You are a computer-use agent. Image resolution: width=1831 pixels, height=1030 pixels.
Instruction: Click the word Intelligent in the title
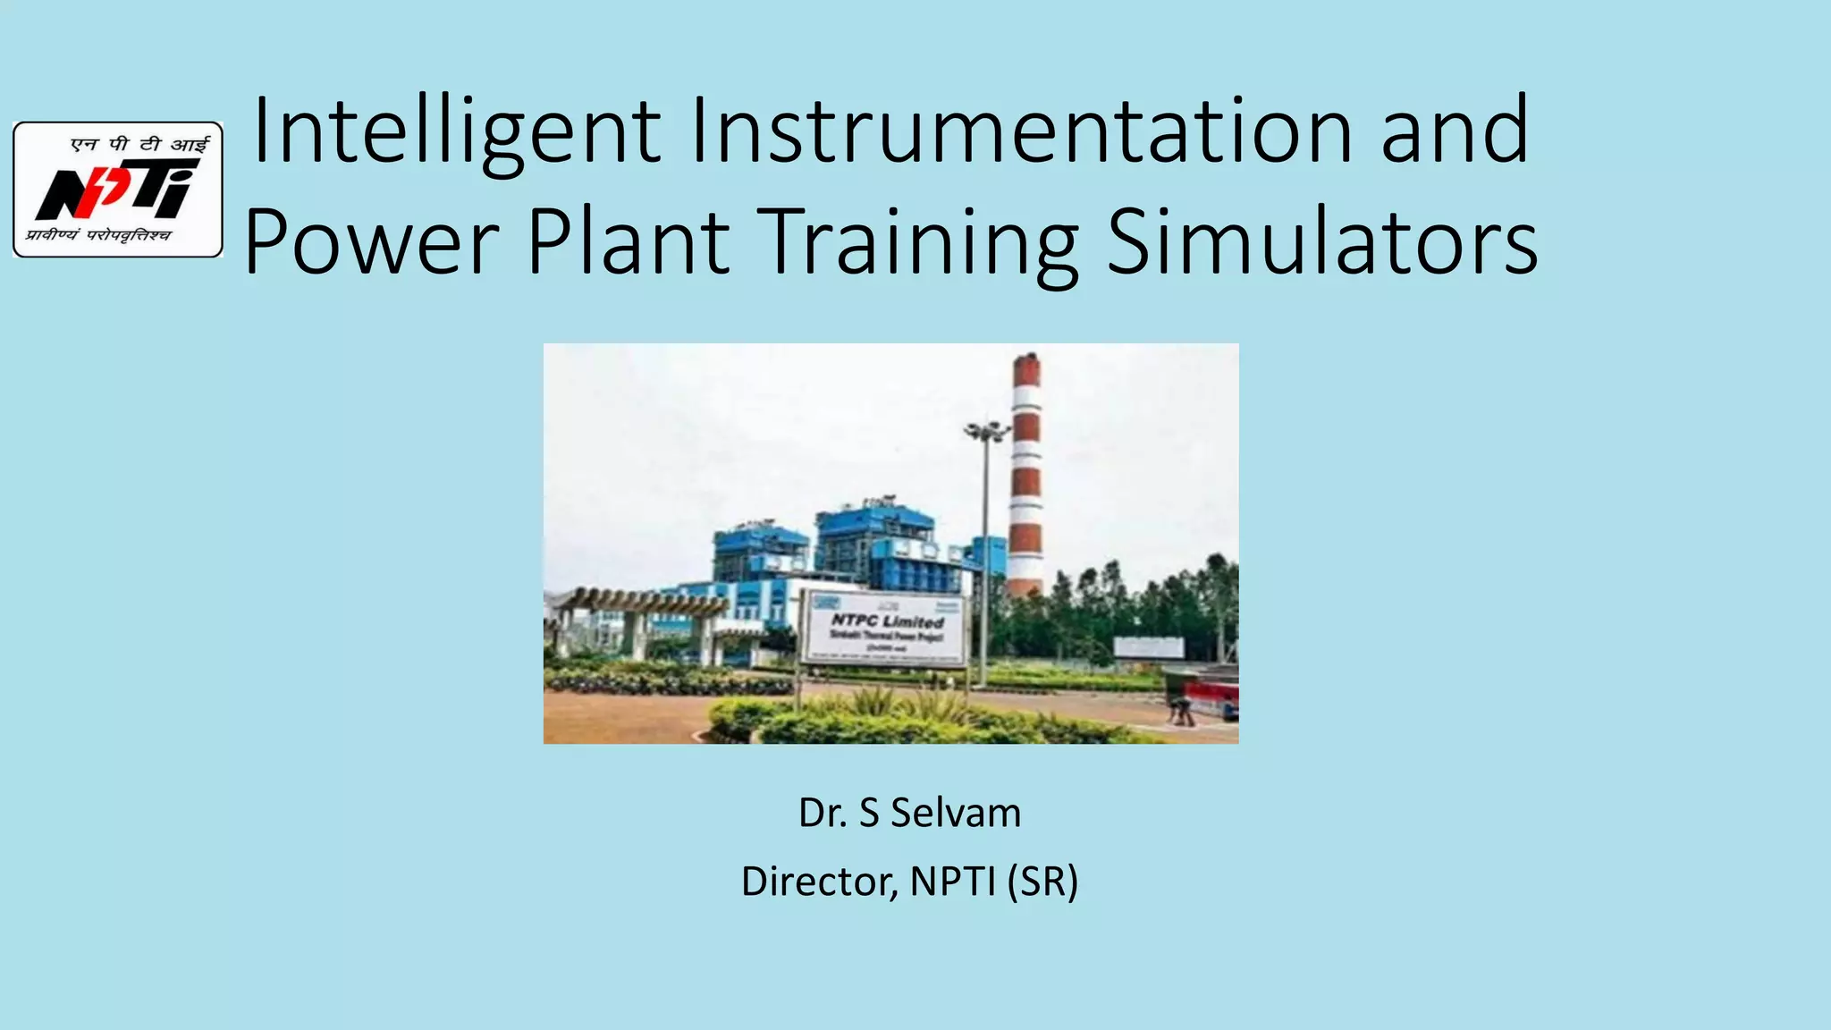[x=457, y=132]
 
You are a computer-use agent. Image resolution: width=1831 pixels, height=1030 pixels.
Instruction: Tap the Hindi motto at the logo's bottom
[x=98, y=236]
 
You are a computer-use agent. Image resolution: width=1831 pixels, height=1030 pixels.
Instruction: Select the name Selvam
[x=956, y=813]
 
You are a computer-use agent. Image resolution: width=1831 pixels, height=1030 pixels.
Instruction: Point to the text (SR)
[x=1042, y=882]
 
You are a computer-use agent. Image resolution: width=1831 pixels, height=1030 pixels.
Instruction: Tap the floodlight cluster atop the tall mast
[x=985, y=432]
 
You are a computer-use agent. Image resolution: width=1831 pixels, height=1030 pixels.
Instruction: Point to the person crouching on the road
[x=1181, y=711]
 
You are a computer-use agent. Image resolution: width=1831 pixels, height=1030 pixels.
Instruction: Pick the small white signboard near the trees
[x=1148, y=647]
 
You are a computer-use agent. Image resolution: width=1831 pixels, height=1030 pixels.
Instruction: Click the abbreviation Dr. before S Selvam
[x=823, y=813]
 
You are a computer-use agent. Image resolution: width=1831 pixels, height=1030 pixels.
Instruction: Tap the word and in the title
[x=1455, y=132]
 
